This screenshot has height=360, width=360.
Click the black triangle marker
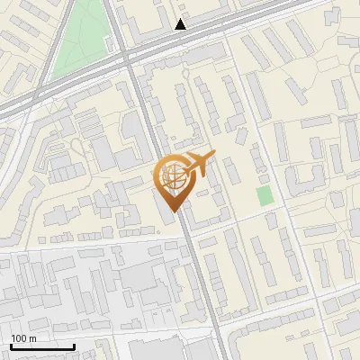pyautogui.click(x=181, y=24)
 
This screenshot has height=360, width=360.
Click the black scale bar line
pyautogui.click(x=42, y=346)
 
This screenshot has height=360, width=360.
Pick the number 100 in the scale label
pyautogui.click(x=19, y=339)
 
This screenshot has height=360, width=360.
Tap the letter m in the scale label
pyautogui.click(x=33, y=339)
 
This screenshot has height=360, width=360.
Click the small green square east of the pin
pyautogui.click(x=264, y=195)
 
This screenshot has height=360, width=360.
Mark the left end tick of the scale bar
pyautogui.click(x=11, y=346)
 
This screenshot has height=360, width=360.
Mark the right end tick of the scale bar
pyautogui.click(x=74, y=346)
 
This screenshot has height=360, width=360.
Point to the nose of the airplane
pyautogui.click(x=213, y=157)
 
